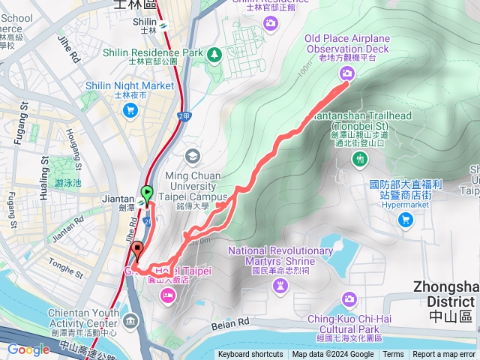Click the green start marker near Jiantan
[x=147, y=193]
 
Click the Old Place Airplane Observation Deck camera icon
[x=346, y=72]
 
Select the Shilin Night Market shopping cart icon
[x=130, y=110]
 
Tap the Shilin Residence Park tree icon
[x=215, y=54]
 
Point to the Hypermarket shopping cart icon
[x=406, y=219]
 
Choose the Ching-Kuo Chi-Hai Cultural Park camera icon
[x=349, y=300]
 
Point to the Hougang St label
[x=73, y=140]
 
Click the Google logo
[x=28, y=349]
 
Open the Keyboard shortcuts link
[x=250, y=355]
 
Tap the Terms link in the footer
[x=393, y=355]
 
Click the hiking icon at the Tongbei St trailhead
[x=361, y=158]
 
